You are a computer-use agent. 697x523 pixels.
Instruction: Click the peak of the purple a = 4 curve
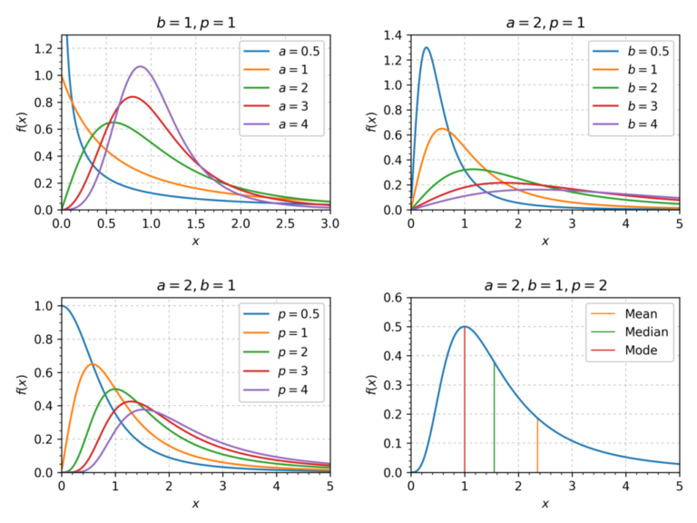[x=140, y=66]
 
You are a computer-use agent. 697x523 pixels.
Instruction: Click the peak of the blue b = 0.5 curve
[x=427, y=48]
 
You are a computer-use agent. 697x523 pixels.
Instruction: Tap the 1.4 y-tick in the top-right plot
[x=394, y=35]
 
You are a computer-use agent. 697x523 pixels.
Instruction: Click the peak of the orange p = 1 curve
[x=92, y=364]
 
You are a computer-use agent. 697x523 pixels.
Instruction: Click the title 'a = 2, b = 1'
[x=195, y=285]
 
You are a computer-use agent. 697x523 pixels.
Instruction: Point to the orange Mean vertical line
[x=537, y=445]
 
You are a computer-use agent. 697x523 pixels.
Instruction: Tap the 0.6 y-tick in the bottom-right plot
[x=394, y=298]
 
